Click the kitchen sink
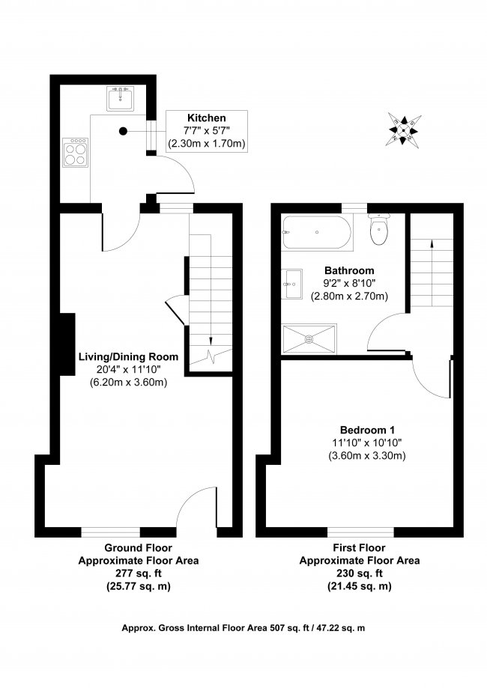tap(120, 98)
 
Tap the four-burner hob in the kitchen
tap(75, 152)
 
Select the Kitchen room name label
tap(206, 118)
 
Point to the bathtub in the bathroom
tap(317, 232)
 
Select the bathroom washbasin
tap(292, 284)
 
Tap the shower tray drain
tap(309, 338)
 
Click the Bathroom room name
tap(349, 271)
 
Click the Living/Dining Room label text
tap(128, 356)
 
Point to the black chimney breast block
tap(67, 344)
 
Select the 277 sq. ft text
tap(139, 573)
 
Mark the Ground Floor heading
tap(138, 547)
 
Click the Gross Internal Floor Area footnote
tap(243, 628)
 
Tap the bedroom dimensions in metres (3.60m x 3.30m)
tap(367, 456)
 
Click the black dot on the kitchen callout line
tap(124, 131)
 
